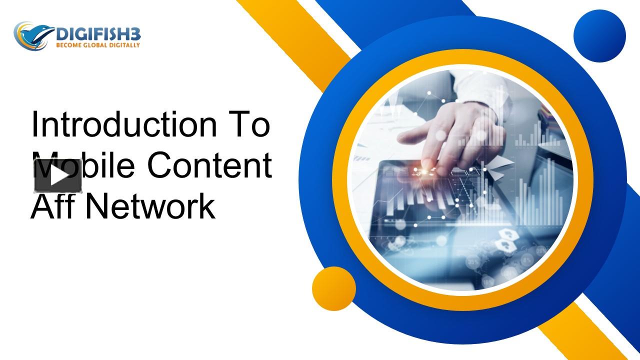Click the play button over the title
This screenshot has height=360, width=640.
point(58,175)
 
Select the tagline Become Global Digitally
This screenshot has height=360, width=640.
point(97,45)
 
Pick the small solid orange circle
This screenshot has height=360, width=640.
point(333,288)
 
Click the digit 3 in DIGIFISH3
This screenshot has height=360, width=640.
point(136,34)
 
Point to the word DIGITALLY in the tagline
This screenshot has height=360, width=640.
point(124,45)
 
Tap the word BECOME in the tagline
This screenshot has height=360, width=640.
point(68,45)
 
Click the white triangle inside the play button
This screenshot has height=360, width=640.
point(59,175)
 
